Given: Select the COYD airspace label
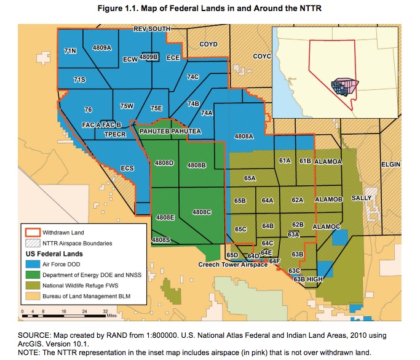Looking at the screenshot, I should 209,44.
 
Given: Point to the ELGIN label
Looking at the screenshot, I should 390,165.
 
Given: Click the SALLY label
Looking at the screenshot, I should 362,199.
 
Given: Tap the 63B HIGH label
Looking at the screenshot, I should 308,279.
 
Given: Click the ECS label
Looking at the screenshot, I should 127,167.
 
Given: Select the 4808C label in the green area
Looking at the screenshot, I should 202,212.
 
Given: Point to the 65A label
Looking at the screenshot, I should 250,178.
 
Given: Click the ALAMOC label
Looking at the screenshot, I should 327,226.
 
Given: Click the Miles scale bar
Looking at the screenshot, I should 64,316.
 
